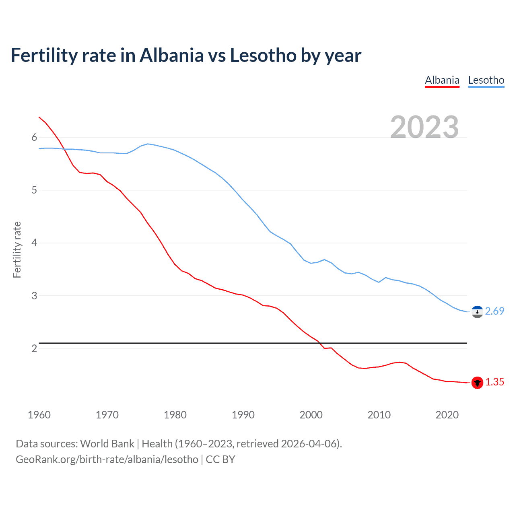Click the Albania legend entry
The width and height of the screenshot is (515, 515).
pos(442,80)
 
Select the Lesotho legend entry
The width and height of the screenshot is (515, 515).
pos(486,80)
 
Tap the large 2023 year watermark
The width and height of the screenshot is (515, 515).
pos(424,127)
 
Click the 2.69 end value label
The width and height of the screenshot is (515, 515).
pos(494,311)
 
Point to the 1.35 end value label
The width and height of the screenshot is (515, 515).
pos(494,382)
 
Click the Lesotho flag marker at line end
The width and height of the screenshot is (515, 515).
pos(477,312)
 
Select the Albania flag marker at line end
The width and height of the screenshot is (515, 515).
pos(477,383)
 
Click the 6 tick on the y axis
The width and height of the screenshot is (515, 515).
pos(34,137)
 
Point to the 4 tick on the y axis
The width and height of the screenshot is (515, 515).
pos(34,243)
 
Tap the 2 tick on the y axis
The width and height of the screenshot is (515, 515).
pos(34,348)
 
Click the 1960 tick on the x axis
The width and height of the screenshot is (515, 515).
pos(39,415)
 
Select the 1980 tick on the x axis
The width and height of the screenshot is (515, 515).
pos(175,415)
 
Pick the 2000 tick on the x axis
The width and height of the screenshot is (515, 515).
pos(311,415)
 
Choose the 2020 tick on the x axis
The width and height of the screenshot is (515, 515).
pos(447,415)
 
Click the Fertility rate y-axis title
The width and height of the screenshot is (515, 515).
pos(17,249)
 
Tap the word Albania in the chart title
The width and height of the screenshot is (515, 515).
pos(172,55)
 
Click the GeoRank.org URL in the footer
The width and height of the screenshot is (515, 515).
pos(107,459)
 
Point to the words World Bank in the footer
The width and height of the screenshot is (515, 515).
pos(107,444)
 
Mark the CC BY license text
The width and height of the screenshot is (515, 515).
pos(220,459)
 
